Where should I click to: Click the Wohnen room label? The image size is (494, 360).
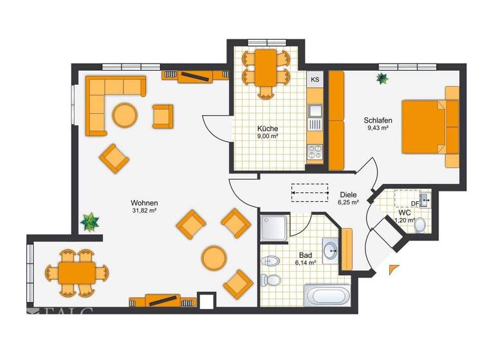(x=145, y=203)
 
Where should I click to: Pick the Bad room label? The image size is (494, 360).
(x=305, y=255)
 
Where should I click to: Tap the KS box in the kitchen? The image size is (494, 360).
(x=315, y=80)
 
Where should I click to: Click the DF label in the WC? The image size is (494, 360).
(x=415, y=204)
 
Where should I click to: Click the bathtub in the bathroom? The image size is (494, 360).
(x=328, y=298)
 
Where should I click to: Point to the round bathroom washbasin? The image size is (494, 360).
(x=331, y=250)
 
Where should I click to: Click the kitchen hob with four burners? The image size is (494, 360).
(x=315, y=152)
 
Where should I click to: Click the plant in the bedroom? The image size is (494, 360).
(x=383, y=78)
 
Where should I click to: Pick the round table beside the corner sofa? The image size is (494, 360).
(x=125, y=116)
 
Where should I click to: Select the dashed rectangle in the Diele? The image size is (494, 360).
(x=309, y=191)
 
